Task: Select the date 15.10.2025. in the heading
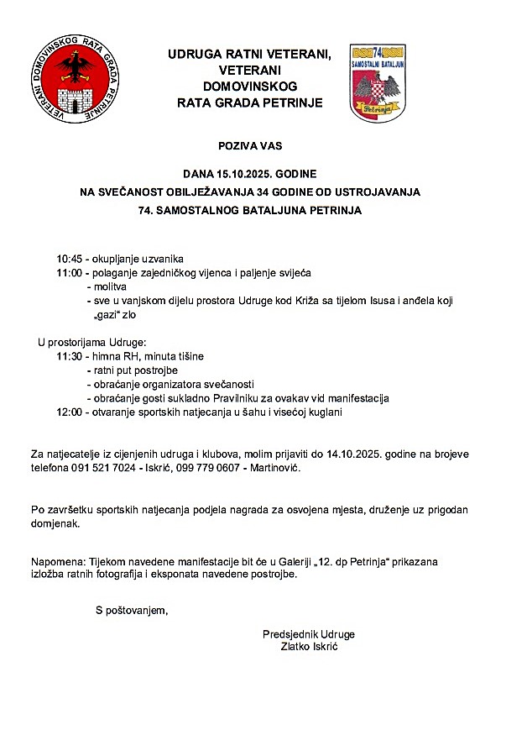tap(249, 173)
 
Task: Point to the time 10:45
tap(70, 258)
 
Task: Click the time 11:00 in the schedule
tap(70, 274)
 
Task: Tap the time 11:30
tap(70, 356)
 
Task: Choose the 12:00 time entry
tap(70, 412)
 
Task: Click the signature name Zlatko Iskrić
tap(308, 647)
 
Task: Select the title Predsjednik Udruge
tap(308, 633)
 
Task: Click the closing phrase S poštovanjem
tap(131, 609)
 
